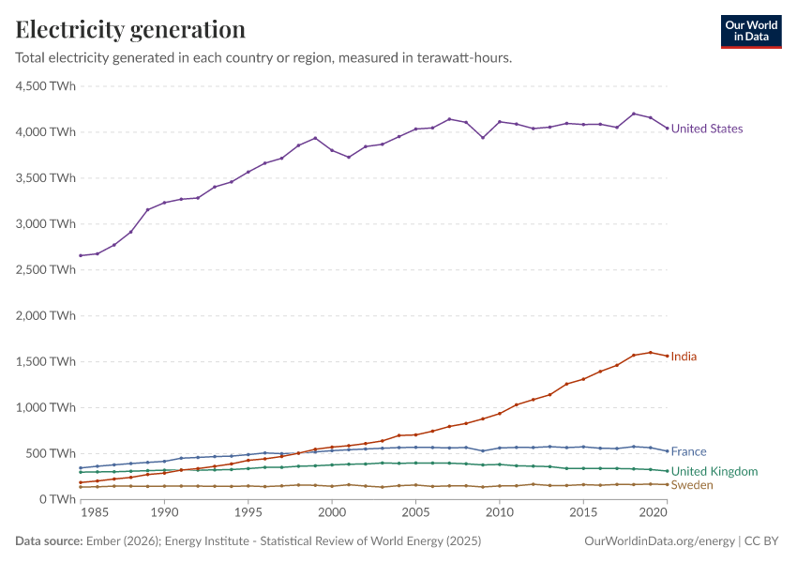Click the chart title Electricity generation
130,29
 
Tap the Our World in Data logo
751,32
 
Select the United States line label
707,129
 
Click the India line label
684,357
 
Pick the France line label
689,451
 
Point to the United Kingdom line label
714,471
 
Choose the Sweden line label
692,485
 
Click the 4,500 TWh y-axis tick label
46,86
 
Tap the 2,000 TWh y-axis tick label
46,316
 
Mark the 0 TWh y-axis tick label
57,499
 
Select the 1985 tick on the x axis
95,512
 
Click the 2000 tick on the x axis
332,512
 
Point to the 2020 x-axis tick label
654,512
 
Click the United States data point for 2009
483,137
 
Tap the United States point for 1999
315,138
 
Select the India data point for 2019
651,353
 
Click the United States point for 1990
164,203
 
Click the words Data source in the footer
49,541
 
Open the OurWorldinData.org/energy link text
660,541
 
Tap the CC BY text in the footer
761,541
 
